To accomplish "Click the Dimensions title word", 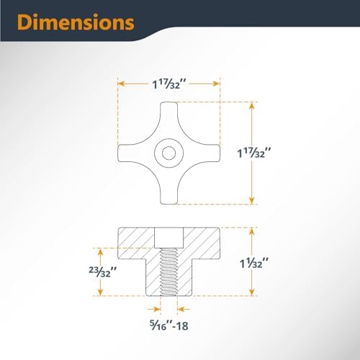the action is (x=76, y=22).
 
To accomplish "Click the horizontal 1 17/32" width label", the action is (x=169, y=84).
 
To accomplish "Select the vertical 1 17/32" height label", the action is (x=254, y=153).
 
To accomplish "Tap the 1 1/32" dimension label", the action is (x=254, y=264).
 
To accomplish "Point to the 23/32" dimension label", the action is (x=103, y=272).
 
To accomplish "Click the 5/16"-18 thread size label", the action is (x=169, y=325).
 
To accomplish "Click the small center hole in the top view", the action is (x=168, y=153).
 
